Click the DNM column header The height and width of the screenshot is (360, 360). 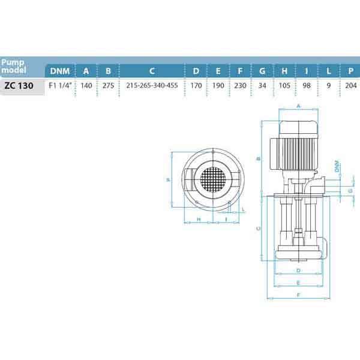tap(60, 71)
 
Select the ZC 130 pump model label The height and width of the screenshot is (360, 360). tap(19, 86)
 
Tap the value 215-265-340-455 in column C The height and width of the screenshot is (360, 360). tap(152, 85)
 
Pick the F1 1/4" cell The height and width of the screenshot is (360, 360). tap(60, 85)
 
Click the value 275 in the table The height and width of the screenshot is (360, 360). tap(108, 85)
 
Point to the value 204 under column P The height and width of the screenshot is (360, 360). tap(351, 85)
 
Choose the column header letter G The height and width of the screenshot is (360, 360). tap(262, 71)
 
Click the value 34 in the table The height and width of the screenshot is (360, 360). tap(262, 85)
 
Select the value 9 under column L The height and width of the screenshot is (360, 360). tap(329, 85)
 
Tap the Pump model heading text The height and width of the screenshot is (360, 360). tap(13, 66)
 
